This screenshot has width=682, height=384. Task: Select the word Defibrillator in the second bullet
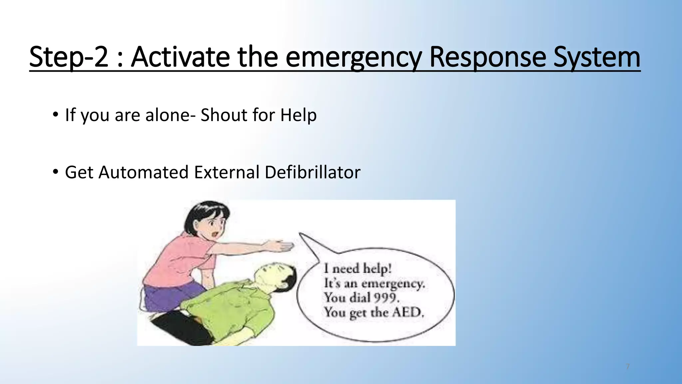point(312,172)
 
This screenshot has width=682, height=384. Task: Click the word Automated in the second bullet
point(143,172)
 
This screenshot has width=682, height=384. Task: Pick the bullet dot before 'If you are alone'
point(55,115)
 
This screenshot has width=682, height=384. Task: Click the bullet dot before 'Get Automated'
point(55,172)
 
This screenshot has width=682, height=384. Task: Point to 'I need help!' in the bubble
point(358,268)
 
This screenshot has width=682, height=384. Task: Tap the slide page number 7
point(628,367)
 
